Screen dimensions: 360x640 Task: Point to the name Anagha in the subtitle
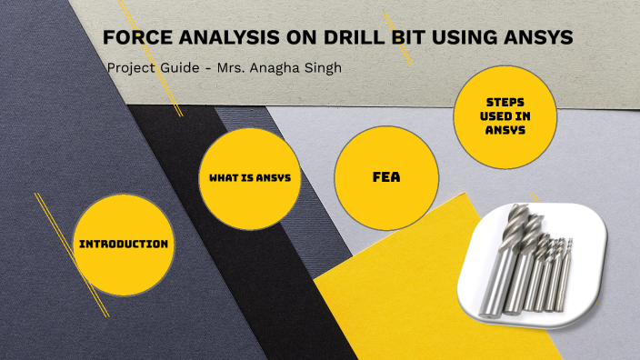coord(273,68)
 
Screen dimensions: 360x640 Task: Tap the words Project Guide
coord(145,68)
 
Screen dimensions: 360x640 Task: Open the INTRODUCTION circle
coord(124,244)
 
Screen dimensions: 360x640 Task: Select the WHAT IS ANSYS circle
coord(250,177)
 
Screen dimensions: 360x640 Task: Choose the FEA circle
coord(386,177)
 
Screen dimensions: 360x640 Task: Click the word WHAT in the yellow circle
coord(217,177)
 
